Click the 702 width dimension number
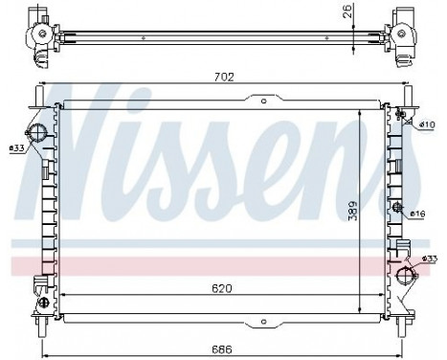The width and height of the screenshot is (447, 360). coord(223,78)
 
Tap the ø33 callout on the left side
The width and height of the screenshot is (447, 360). coord(16,148)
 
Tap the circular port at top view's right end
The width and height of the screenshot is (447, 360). coord(403,34)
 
